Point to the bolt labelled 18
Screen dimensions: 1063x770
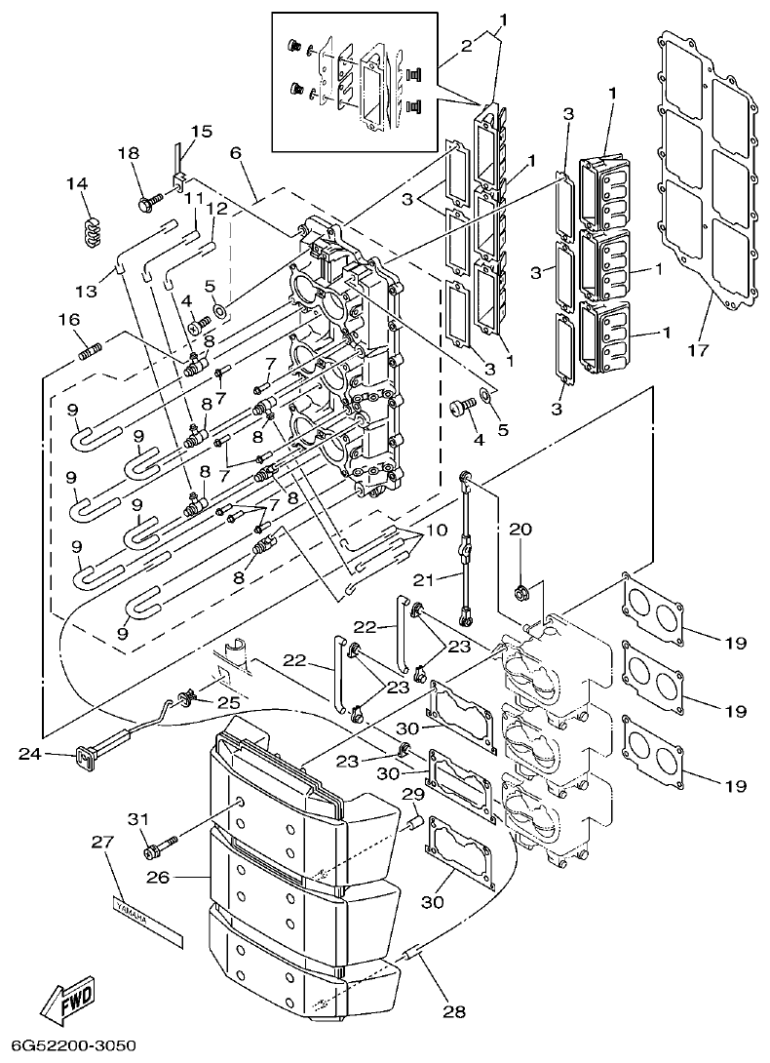152,204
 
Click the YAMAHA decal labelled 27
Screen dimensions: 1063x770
146,917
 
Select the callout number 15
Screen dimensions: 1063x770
201,131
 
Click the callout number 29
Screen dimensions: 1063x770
413,794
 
